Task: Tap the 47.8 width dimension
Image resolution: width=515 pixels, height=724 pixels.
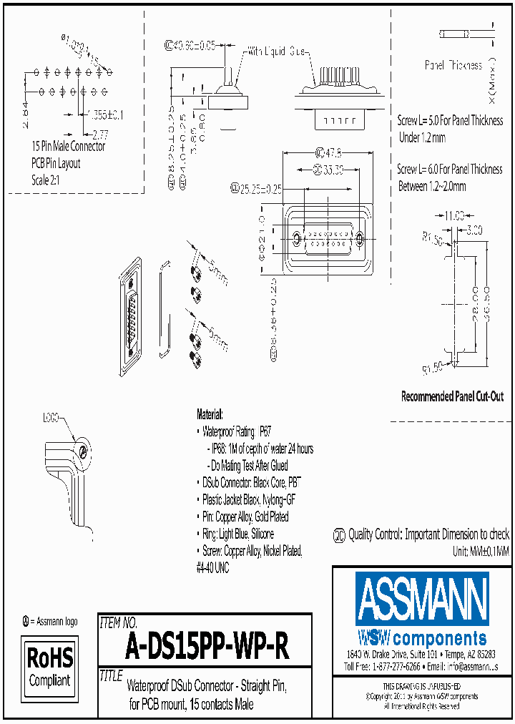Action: tap(328, 152)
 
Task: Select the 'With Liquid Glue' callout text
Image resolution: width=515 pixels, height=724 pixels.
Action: tap(278, 52)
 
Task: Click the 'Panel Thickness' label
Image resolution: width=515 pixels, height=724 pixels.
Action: tap(453, 66)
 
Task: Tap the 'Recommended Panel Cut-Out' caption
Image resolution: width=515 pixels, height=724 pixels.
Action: tap(452, 396)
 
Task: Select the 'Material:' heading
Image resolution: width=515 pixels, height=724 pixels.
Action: tap(210, 415)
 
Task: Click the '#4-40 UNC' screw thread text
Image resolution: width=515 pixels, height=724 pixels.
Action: tap(212, 564)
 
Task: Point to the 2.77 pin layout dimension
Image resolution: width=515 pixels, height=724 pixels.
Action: tap(100, 134)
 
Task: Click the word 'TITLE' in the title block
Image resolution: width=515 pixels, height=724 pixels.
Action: tap(111, 675)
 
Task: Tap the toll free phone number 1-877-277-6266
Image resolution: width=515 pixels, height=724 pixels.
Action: tap(391, 665)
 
